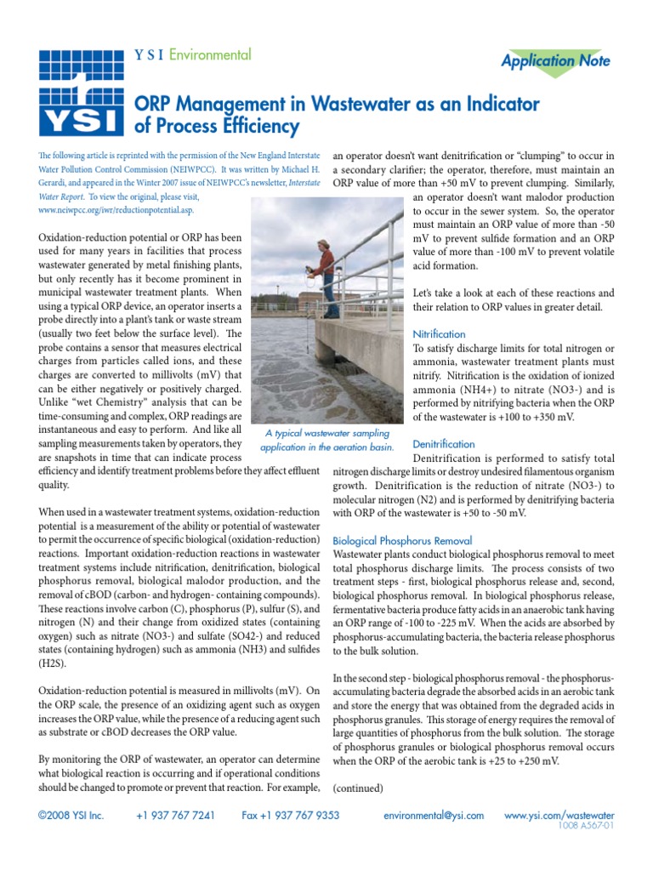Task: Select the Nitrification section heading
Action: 439,334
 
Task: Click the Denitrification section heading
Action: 443,444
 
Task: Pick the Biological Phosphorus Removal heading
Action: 402,540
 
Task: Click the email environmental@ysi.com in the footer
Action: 434,815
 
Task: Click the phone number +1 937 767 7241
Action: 175,815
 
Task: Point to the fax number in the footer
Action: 290,815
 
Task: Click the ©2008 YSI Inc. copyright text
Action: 71,815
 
